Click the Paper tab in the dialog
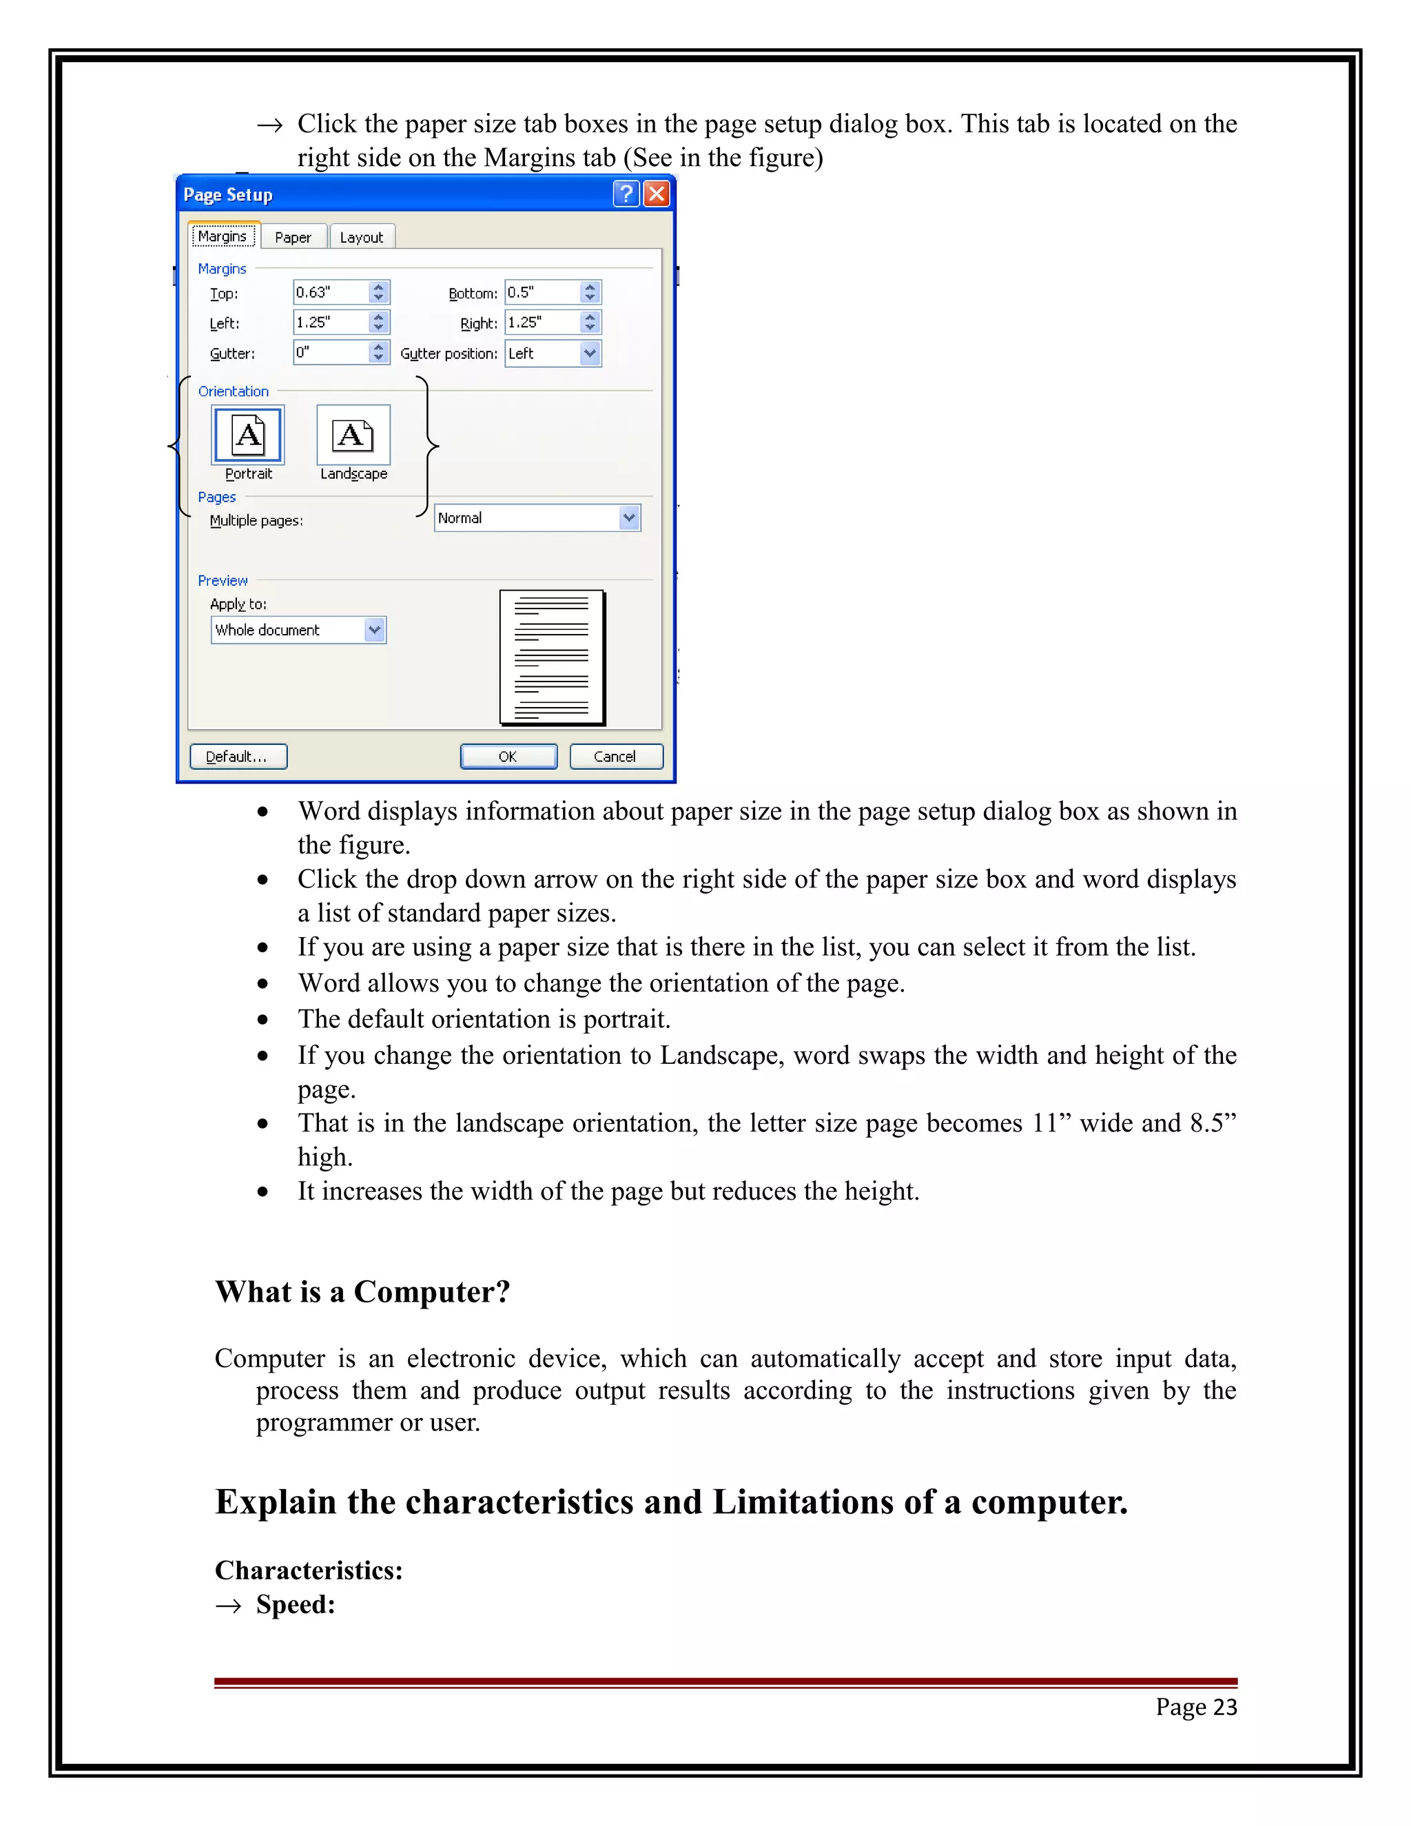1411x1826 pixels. tap(293, 238)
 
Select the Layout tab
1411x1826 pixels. tap(361, 238)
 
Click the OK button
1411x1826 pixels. tap(508, 757)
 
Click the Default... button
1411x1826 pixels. tap(238, 757)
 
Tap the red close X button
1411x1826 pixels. tap(657, 194)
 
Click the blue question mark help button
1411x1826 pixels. tap(626, 194)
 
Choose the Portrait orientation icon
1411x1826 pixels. tap(248, 435)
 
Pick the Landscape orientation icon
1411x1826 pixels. tap(353, 435)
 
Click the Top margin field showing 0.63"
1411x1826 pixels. tap(331, 293)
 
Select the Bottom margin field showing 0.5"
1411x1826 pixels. tap(542, 293)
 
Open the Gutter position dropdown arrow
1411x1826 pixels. tap(590, 353)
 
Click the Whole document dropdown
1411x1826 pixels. tap(298, 630)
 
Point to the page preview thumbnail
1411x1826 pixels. tap(552, 657)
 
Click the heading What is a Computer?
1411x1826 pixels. tap(362, 1292)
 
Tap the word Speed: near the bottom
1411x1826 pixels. tap(295, 1604)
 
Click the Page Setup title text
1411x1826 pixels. tap(228, 195)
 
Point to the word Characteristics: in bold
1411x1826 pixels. tap(309, 1570)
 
